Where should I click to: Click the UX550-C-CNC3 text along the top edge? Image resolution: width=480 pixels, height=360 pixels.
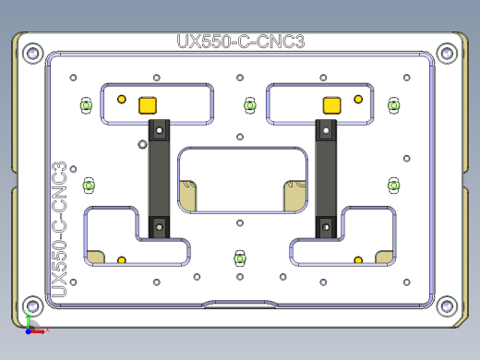(240, 42)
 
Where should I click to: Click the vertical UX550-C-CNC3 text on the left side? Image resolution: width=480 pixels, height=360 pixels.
(57, 231)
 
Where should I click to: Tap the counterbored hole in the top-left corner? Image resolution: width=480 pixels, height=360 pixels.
(33, 53)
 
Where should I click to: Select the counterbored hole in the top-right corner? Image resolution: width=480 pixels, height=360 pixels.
(449, 53)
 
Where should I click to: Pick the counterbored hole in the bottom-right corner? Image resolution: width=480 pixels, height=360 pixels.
(449, 305)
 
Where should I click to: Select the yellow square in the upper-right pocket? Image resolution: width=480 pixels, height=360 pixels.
(330, 103)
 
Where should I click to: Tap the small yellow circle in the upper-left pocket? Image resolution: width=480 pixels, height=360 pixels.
(121, 100)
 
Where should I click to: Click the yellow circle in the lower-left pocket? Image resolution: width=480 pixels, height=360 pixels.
(121, 260)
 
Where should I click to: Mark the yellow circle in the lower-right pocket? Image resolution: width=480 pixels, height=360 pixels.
(357, 260)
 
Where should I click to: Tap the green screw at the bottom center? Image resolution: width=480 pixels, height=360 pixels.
(240, 257)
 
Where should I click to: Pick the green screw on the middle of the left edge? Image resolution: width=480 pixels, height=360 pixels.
(89, 186)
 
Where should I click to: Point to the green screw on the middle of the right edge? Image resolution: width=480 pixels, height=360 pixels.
(394, 186)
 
